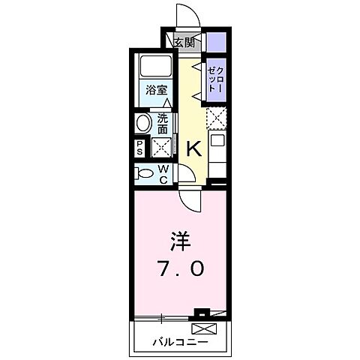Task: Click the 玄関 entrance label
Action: pyautogui.click(x=184, y=42)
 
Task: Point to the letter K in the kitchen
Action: pyautogui.click(x=193, y=148)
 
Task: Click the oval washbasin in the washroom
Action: pyautogui.click(x=142, y=122)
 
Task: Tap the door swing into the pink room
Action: pyautogui.click(x=190, y=198)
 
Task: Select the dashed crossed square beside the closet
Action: pyautogui.click(x=216, y=118)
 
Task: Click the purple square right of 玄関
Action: pyautogui.click(x=216, y=41)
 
